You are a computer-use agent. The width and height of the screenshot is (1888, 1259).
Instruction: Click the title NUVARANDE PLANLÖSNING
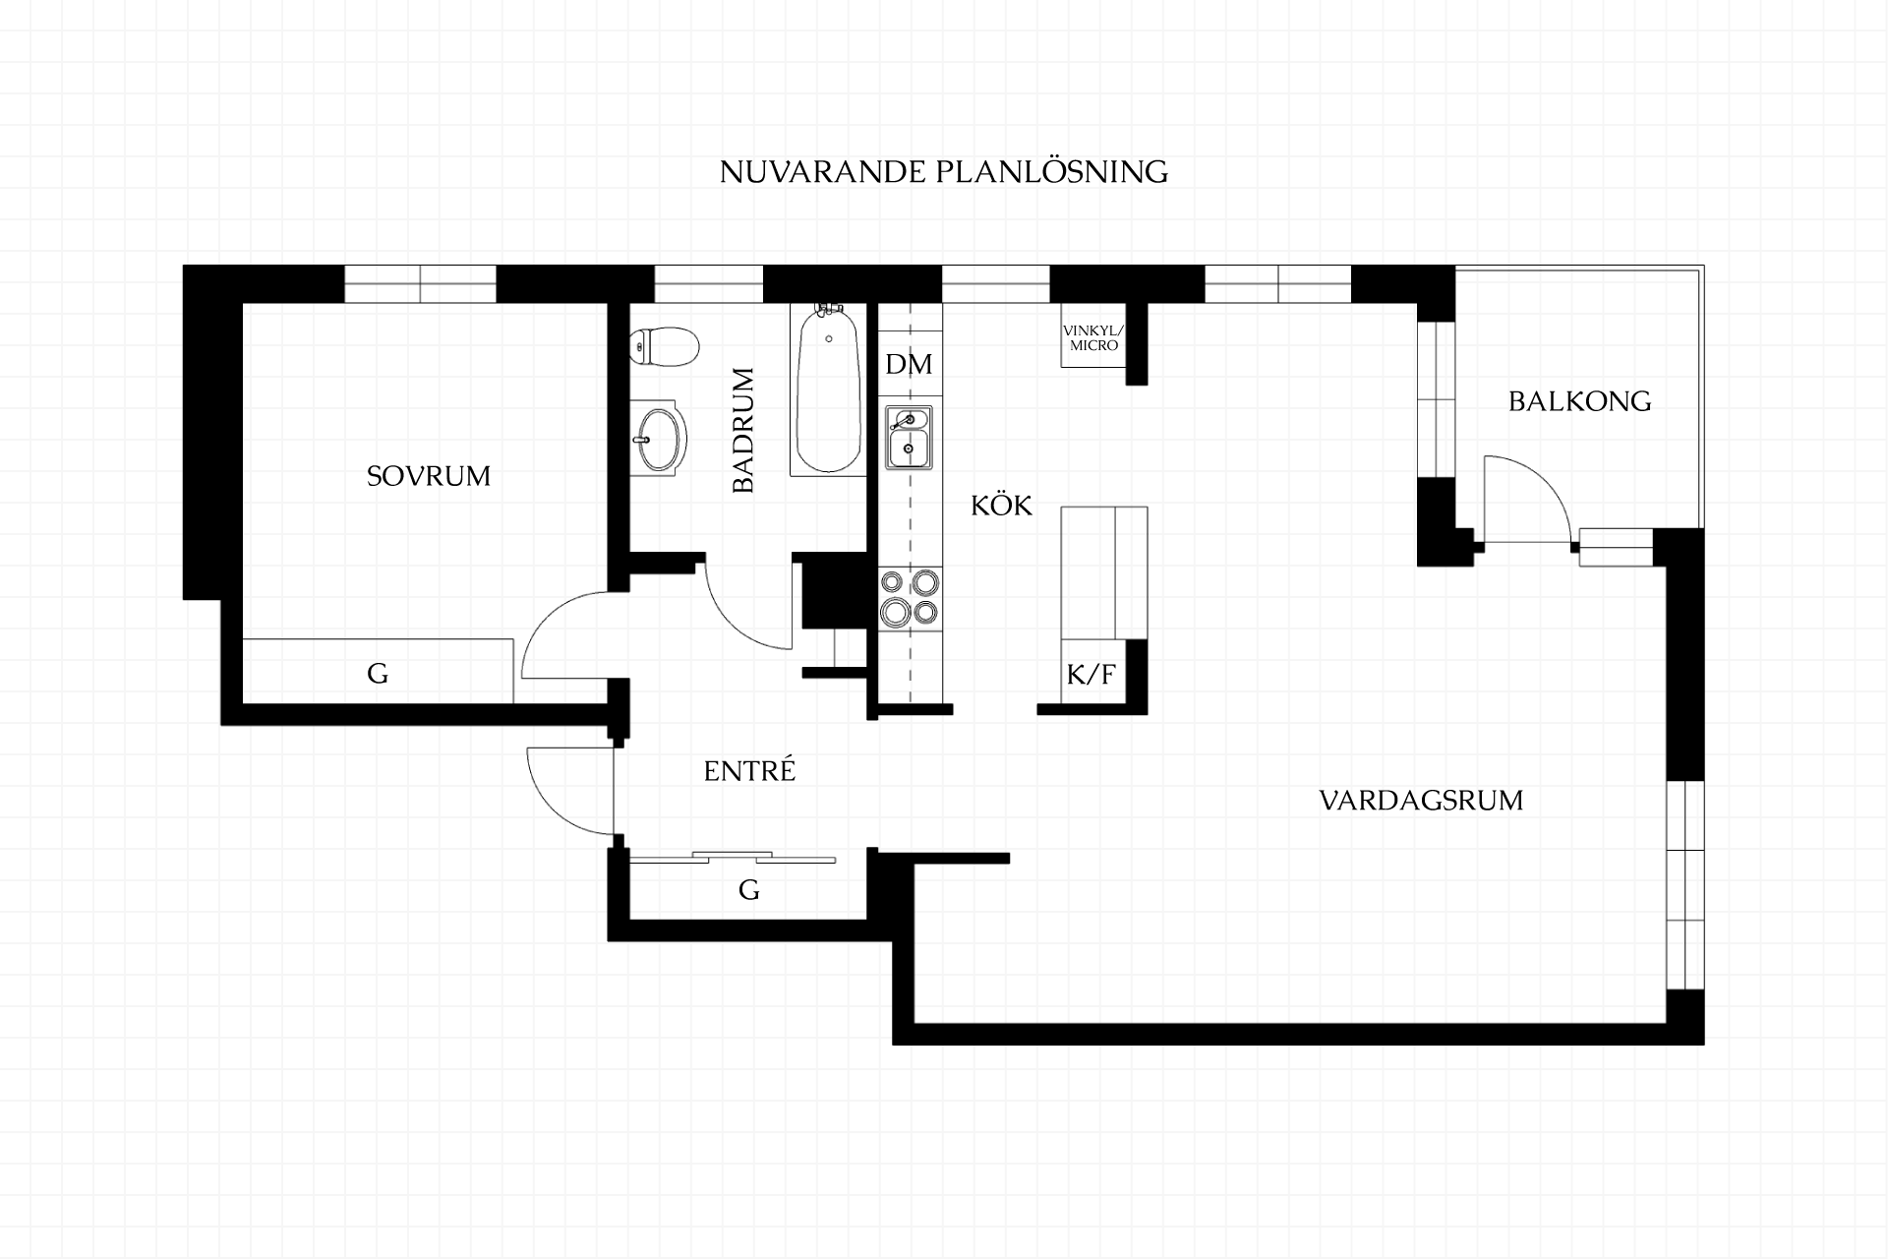944,172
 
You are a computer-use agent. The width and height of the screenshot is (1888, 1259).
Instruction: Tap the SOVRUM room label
429,476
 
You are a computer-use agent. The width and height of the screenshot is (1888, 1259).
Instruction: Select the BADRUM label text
743,430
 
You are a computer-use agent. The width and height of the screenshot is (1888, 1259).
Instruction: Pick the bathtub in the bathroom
828,390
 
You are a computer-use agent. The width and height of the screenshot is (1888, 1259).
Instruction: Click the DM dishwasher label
909,365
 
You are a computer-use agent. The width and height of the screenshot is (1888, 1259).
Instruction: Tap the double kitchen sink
910,438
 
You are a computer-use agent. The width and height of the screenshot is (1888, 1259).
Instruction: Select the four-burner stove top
910,598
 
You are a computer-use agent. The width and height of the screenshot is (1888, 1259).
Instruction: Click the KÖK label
1002,506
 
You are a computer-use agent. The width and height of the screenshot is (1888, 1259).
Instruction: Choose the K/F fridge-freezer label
1091,675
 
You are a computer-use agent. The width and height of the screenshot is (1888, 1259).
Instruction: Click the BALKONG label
1580,401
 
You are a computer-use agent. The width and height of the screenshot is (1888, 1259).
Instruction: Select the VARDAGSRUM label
1422,801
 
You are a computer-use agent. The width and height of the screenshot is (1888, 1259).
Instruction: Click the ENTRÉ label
749,771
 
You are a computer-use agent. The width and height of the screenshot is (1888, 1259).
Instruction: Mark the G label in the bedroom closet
378,674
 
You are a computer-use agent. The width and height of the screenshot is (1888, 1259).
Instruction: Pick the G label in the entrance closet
749,890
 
